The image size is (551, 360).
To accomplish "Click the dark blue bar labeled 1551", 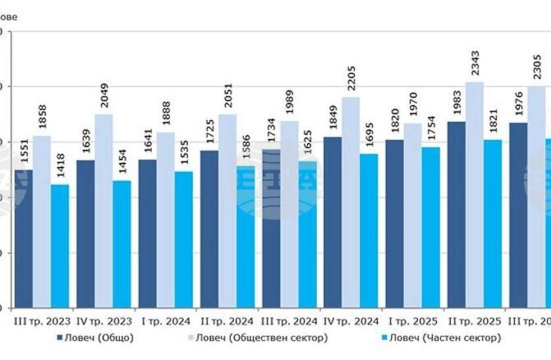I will point(24,239).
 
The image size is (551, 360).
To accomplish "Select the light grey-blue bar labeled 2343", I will point(474,195).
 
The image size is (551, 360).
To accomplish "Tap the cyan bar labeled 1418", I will point(60,246).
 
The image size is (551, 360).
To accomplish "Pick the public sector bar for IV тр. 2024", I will point(351,202).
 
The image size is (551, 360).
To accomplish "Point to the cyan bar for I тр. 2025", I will point(430,227).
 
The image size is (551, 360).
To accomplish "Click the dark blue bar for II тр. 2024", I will point(209,229).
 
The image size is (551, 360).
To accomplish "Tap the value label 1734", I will point(271,133).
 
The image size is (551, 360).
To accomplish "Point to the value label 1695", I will point(368,137).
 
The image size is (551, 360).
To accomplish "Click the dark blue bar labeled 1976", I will point(518,215).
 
